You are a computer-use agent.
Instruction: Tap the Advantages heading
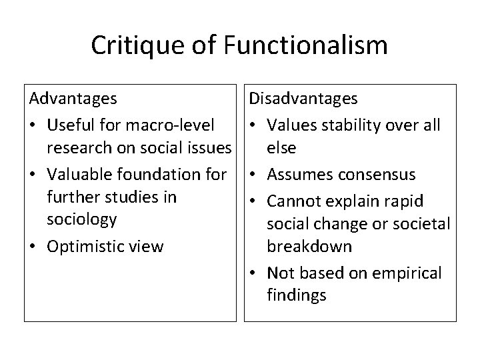(x=73, y=99)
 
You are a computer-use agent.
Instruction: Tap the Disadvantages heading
(x=303, y=99)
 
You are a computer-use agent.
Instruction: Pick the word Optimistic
(x=83, y=246)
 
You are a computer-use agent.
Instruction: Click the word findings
(x=296, y=295)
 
